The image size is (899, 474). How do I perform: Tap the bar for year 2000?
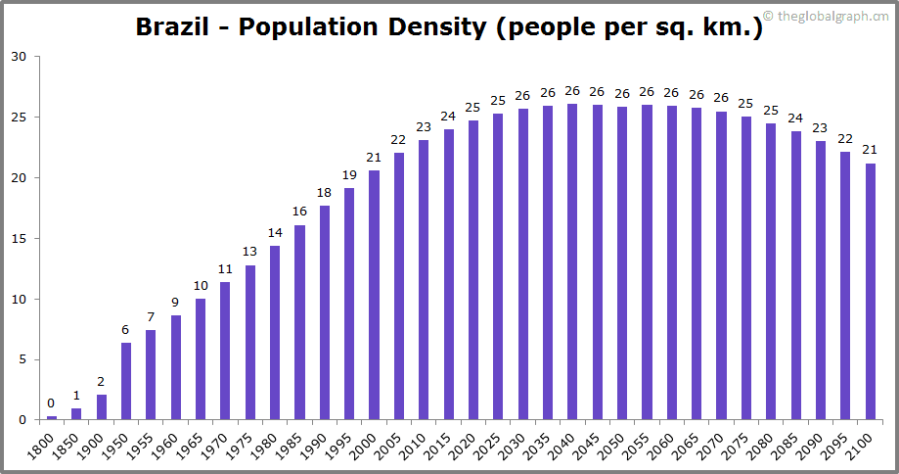374,295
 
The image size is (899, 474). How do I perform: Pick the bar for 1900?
101,407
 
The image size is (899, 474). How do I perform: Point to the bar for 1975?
249,343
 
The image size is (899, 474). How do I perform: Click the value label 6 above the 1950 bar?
126,330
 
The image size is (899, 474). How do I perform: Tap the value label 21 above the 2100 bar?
870,150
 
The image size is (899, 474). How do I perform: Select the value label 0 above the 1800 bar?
51,403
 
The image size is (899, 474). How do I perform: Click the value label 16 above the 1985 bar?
299,212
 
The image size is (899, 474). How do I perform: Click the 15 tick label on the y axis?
19,238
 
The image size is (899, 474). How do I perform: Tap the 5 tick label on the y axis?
22,359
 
